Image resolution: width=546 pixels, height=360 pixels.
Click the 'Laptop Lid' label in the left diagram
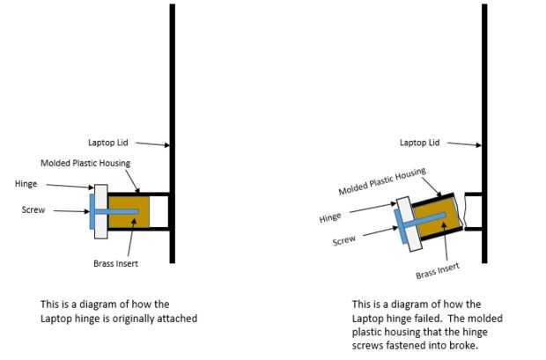(108, 143)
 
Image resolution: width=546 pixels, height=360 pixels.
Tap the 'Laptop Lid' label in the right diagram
(419, 143)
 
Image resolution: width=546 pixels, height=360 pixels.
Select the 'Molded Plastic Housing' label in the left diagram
(85, 163)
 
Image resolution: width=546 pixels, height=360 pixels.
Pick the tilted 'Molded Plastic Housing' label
(382, 181)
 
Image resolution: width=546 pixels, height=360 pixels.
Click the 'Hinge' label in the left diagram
(26, 184)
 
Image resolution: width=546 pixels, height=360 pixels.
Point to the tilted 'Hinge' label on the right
(329, 217)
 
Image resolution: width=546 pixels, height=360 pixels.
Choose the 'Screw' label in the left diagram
(33, 209)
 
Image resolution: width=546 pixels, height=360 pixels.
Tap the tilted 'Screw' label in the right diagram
(343, 240)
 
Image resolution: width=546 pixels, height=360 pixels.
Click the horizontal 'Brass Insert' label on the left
(115, 263)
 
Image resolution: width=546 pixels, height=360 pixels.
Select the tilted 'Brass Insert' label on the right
(438, 270)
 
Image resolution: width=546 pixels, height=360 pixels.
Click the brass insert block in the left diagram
(129, 211)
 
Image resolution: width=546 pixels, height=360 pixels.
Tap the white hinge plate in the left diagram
(101, 211)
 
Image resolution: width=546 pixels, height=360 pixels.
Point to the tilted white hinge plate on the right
(409, 224)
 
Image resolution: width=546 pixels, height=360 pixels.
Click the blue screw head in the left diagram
(92, 211)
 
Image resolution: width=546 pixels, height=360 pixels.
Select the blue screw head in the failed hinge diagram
(401, 226)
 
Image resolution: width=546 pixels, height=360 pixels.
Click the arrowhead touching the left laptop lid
(166, 145)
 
